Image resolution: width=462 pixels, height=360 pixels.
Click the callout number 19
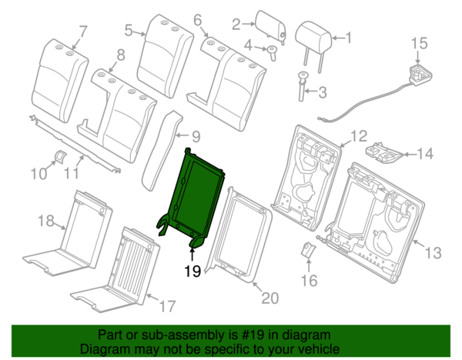192,270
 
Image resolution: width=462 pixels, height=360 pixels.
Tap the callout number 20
269,298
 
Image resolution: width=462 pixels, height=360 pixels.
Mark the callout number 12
360,136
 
